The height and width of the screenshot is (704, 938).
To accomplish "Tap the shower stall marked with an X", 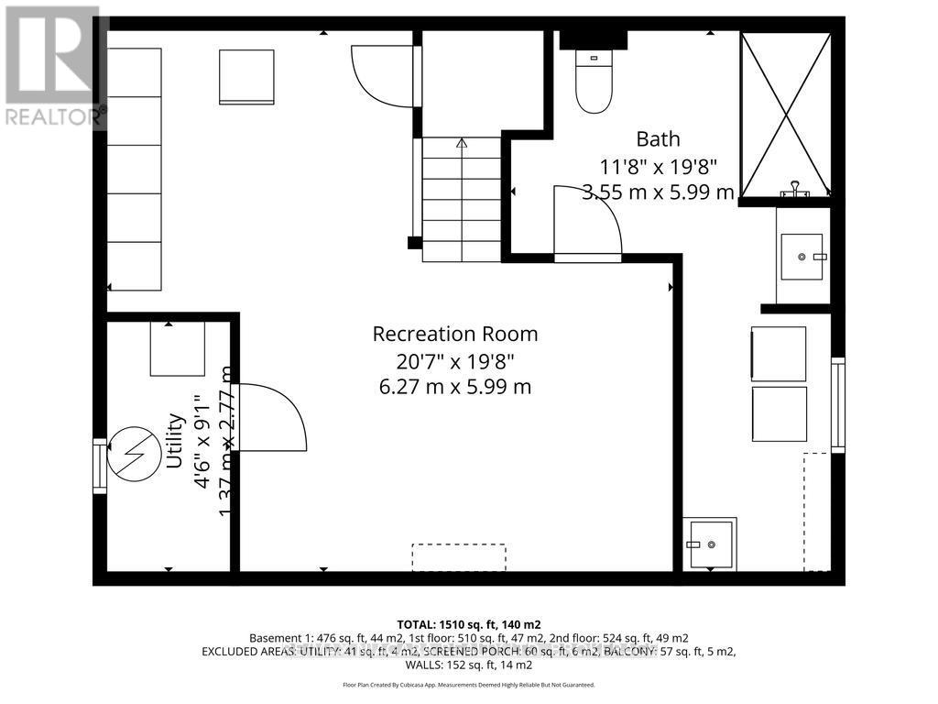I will click(785, 114).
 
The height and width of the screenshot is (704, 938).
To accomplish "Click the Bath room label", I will click(658, 139).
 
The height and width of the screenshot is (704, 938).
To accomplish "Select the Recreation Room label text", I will click(454, 334).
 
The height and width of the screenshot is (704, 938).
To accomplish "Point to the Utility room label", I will click(175, 441).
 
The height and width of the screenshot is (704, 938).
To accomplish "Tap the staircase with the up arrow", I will click(462, 197).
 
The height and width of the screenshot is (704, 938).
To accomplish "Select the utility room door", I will click(271, 418).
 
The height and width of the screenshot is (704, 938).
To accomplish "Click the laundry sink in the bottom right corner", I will click(710, 544).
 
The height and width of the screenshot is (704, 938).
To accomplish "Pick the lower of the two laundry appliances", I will click(779, 413).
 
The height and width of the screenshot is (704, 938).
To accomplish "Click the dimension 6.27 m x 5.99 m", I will click(454, 387).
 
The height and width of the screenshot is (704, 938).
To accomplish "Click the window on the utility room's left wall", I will click(99, 467).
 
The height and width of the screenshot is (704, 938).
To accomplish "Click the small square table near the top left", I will click(246, 77).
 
